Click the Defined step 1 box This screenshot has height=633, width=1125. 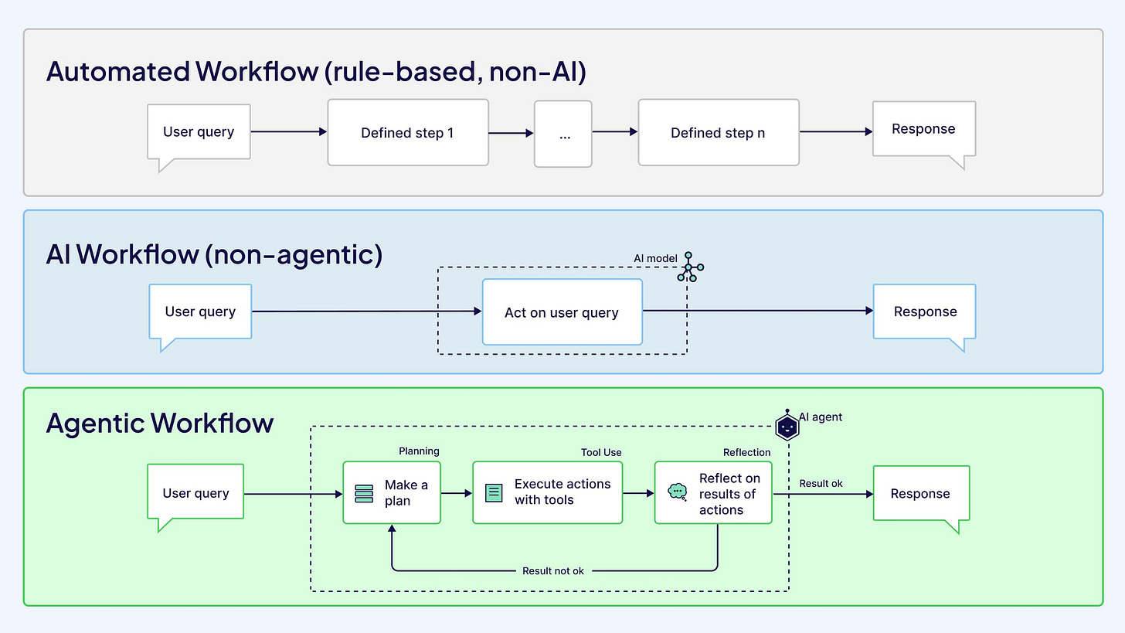pyautogui.click(x=407, y=132)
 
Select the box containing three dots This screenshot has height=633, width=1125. pyautogui.click(x=563, y=134)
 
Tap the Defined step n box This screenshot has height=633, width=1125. pyautogui.click(x=718, y=132)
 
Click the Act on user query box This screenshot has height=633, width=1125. pyautogui.click(x=562, y=312)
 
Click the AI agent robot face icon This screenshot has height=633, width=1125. pyautogui.click(x=787, y=426)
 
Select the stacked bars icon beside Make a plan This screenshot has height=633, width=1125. pyautogui.click(x=364, y=493)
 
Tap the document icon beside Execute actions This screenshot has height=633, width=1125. pyautogui.click(x=494, y=492)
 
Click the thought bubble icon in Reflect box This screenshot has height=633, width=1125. pyautogui.click(x=678, y=492)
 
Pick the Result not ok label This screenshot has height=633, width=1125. pyautogui.click(x=553, y=571)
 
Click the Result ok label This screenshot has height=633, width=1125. pyautogui.click(x=821, y=483)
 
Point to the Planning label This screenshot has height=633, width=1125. pyautogui.click(x=419, y=451)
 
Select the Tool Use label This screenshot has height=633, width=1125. pyautogui.click(x=601, y=452)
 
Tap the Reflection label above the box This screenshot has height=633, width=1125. pyautogui.click(x=746, y=452)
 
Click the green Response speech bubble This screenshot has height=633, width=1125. pyautogui.click(x=920, y=493)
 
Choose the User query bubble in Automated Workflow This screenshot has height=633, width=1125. pyautogui.click(x=199, y=131)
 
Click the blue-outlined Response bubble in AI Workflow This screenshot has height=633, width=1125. pyautogui.click(x=925, y=311)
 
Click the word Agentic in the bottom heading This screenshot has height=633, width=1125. pyautogui.click(x=95, y=423)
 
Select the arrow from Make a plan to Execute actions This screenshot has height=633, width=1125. pyautogui.click(x=457, y=492)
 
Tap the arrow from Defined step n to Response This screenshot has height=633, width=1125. pyautogui.click(x=836, y=131)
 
